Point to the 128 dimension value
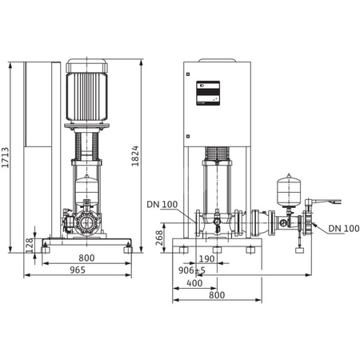[x=30, y=245]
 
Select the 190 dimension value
[x=206, y=258]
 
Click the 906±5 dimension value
[x=191, y=270]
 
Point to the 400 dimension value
[x=195, y=282]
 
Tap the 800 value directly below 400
[x=217, y=294]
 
